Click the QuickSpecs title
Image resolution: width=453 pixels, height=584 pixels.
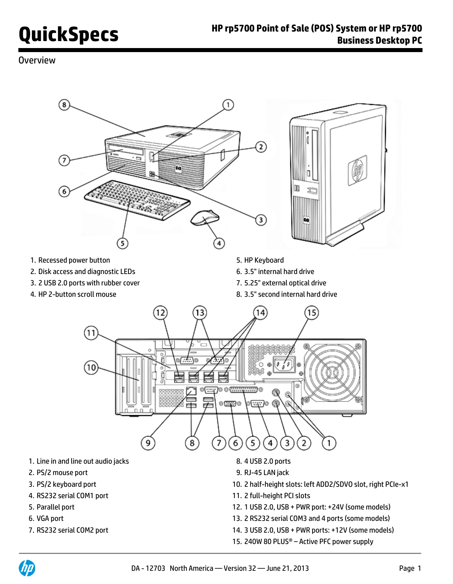(68, 34)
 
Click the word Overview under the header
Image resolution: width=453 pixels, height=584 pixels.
(37, 60)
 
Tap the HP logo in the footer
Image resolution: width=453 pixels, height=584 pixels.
(27, 568)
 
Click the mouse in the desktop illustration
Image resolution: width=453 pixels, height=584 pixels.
(204, 218)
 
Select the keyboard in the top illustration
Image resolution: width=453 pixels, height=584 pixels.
(137, 200)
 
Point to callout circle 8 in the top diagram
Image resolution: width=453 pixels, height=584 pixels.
(64, 105)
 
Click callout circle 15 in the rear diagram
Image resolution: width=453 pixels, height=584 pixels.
(311, 313)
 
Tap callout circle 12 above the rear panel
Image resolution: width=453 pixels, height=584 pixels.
(160, 313)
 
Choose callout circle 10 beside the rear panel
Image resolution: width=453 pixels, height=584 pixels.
(91, 367)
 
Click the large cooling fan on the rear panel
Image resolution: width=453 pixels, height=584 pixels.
(332, 372)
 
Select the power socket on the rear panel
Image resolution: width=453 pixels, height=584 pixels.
(285, 365)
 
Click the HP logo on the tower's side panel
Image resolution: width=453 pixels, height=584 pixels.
(357, 170)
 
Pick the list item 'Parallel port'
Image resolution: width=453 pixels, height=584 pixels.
(55, 507)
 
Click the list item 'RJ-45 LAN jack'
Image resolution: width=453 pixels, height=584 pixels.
(267, 472)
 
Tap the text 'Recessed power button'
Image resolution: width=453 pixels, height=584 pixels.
(74, 260)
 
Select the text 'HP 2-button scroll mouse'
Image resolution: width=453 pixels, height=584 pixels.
(77, 294)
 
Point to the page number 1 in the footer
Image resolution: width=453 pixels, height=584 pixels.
(419, 568)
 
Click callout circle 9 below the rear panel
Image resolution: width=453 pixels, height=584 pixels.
(148, 443)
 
